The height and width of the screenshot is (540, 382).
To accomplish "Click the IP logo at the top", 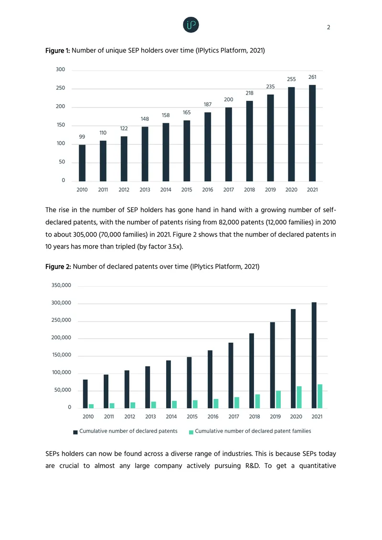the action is [191, 25].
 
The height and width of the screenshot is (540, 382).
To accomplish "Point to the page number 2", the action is [329, 27].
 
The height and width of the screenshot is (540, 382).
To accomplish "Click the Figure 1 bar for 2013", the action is [145, 154].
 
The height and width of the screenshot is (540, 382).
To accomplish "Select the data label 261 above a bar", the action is [312, 77].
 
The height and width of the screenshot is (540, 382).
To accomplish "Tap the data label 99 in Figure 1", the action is [82, 137].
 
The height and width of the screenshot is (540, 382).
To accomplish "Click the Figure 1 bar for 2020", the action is [291, 134].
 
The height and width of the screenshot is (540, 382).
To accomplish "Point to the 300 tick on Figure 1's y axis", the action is [60, 69].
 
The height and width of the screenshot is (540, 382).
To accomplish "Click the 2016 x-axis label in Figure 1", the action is [208, 190].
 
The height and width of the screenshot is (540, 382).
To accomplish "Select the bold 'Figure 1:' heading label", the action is [57, 51].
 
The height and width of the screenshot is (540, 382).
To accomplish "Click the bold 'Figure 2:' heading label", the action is [58, 267].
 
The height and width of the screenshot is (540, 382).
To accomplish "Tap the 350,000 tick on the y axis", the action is [61, 285].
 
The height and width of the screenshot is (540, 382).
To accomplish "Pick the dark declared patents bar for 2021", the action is [314, 355].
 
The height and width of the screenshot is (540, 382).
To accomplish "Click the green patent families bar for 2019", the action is [278, 400].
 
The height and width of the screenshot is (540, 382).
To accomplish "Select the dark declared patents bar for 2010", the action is [85, 394].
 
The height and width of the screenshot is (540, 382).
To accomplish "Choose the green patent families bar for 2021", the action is [320, 396].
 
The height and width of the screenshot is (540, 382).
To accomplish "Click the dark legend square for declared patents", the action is [75, 432].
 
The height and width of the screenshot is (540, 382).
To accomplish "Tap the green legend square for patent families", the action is [191, 432].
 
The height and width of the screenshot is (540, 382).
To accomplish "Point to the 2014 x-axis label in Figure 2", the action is [171, 417].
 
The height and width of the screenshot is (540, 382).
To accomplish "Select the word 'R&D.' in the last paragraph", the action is [253, 465].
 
